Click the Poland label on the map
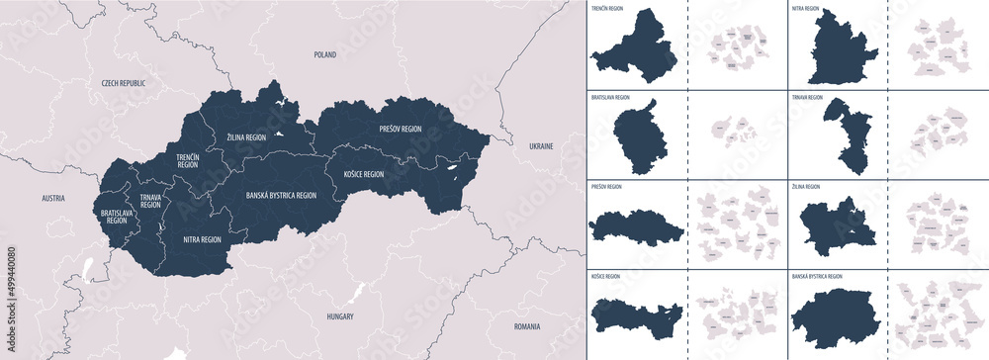point(324,56)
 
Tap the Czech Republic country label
point(124,84)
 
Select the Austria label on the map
point(53,199)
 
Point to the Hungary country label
point(339,316)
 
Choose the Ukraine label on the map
point(541,145)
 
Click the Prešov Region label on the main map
point(400,129)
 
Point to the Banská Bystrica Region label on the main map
point(281,196)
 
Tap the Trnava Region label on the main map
point(150,201)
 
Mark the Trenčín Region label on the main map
point(188,160)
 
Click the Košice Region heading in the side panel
point(605,277)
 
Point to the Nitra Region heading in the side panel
point(805,8)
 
